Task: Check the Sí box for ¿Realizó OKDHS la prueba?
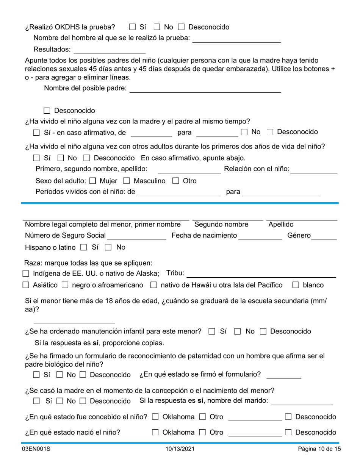point(132,27)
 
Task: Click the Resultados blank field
point(110,50)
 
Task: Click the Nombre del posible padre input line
point(205,89)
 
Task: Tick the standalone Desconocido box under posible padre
point(47,111)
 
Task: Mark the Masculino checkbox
point(127,181)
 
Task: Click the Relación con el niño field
point(314,169)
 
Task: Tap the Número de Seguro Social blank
point(137,236)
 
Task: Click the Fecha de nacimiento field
point(260,236)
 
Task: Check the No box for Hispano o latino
point(108,248)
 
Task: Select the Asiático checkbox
point(26,285)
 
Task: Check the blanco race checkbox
point(296,285)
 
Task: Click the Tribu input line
point(261,274)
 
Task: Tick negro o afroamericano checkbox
point(65,285)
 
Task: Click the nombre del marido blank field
point(302,401)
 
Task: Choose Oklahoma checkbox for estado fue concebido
point(155,417)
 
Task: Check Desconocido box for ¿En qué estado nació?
point(288,432)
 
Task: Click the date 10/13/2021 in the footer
point(180,449)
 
